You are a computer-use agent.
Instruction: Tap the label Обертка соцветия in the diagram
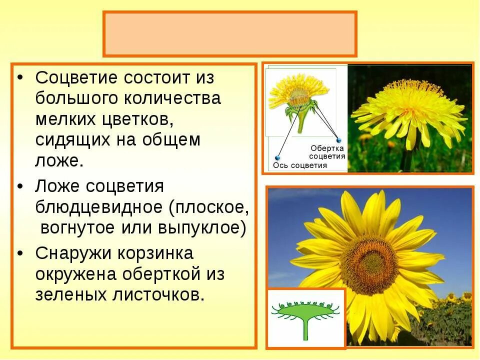click(x=327, y=152)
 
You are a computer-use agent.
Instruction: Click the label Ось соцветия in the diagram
click(x=300, y=165)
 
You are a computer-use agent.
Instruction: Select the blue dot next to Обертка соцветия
click(x=338, y=140)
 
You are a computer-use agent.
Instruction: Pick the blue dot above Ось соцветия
click(x=277, y=158)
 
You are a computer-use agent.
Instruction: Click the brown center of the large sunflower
click(x=369, y=264)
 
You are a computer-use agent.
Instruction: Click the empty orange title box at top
click(x=229, y=34)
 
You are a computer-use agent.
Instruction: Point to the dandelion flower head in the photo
click(x=407, y=110)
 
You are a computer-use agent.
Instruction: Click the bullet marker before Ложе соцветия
click(x=19, y=186)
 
